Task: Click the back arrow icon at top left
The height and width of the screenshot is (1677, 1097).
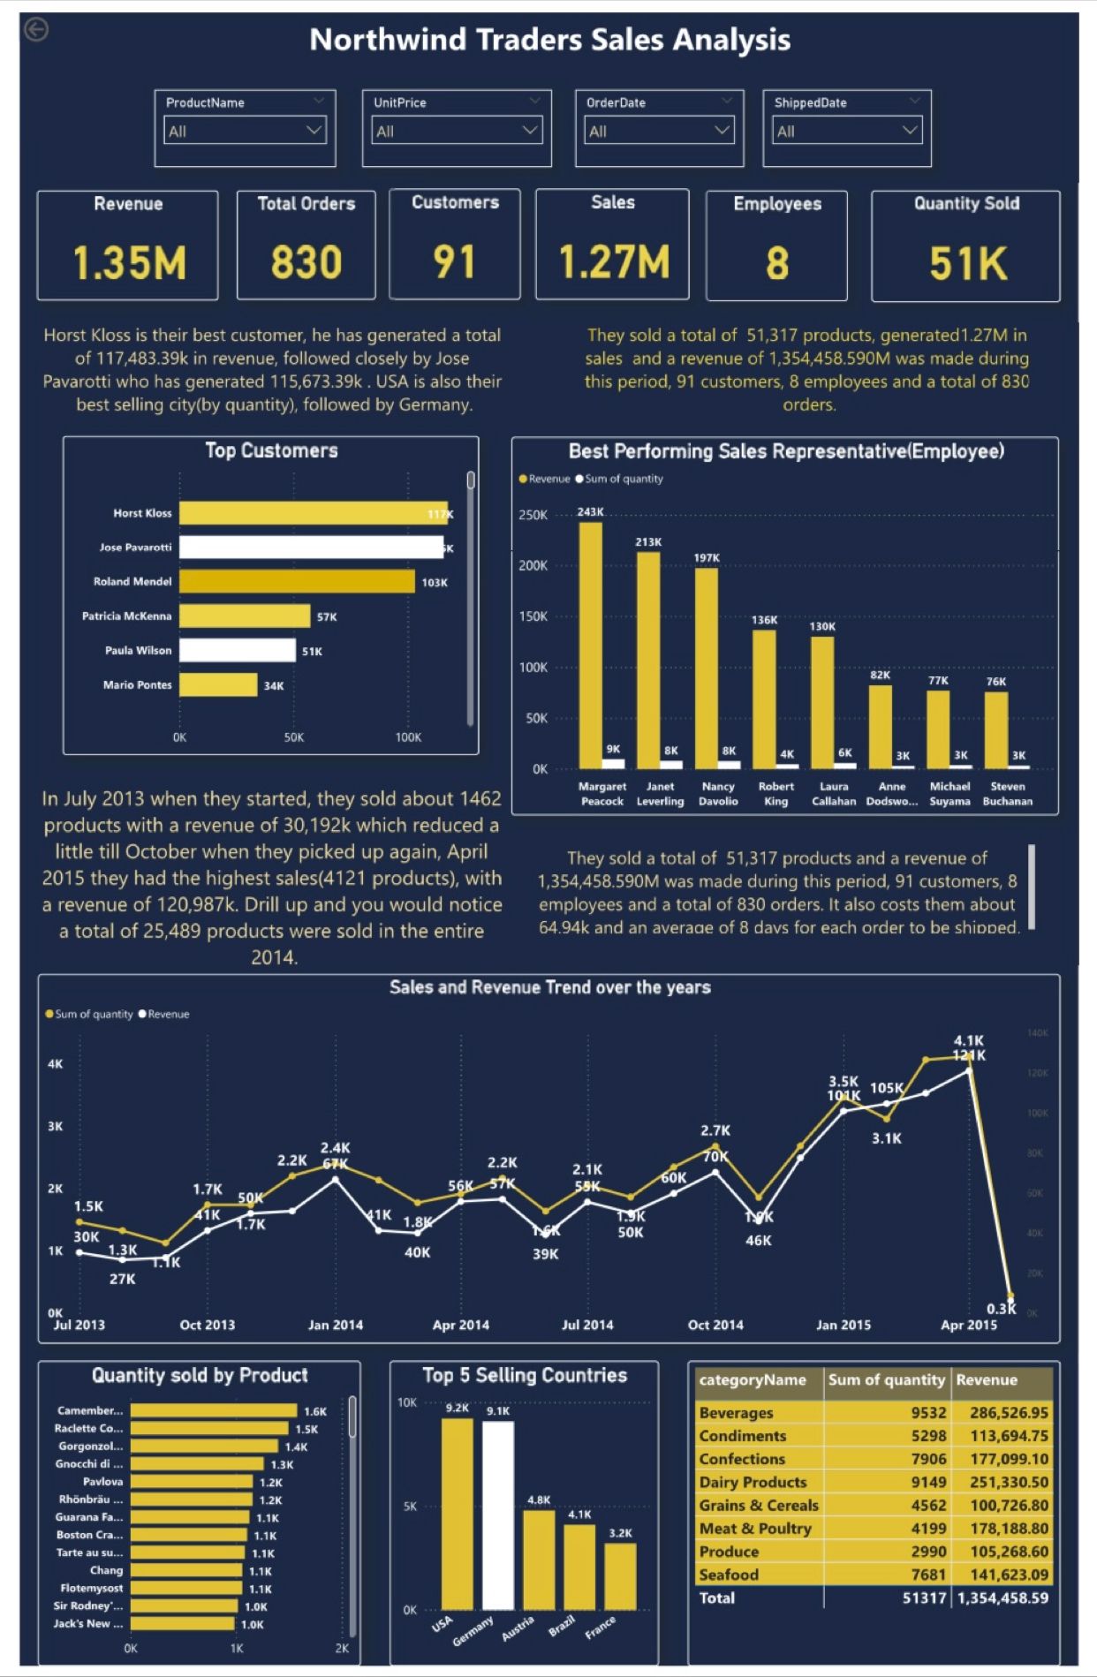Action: [x=35, y=30]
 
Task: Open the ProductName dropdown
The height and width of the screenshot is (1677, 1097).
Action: [x=245, y=131]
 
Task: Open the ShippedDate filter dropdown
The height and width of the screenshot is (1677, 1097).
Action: [x=847, y=131]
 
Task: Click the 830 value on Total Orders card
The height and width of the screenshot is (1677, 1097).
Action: [x=306, y=262]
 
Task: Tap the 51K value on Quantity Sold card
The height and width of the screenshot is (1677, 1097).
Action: [x=967, y=263]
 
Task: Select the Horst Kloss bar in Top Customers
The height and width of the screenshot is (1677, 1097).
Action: [x=313, y=513]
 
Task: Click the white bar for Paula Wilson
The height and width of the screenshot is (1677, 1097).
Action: [x=237, y=651]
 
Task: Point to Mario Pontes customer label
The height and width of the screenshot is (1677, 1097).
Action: [x=137, y=685]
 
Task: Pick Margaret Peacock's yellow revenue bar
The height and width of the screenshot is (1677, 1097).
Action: [x=590, y=645]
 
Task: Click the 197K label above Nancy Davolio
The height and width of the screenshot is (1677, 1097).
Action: [x=707, y=558]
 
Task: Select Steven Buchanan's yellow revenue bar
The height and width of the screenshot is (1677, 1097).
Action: [x=996, y=729]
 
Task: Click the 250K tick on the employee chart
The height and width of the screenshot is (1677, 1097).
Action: [x=533, y=515]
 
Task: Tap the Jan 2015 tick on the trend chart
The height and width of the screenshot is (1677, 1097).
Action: [x=843, y=1325]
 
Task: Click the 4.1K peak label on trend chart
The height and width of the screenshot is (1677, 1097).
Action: [x=968, y=1040]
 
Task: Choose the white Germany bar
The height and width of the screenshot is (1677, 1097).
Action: [x=497, y=1515]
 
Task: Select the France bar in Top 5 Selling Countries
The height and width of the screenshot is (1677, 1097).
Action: [x=620, y=1575]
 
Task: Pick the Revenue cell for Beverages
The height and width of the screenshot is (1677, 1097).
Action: [x=1009, y=1413]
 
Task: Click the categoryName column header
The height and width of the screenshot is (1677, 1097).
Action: [x=752, y=1380]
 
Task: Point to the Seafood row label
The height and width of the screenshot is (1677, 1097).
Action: [x=729, y=1575]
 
